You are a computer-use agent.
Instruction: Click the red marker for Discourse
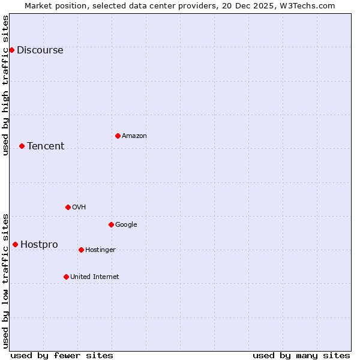pos(11,50)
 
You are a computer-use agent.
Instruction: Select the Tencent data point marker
pos(22,146)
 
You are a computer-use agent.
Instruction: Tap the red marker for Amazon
pos(118,136)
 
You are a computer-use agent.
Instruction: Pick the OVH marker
pos(68,207)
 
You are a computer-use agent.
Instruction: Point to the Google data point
pos(111,224)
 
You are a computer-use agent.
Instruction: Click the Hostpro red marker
pos(15,244)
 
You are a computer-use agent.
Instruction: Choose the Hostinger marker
pos(81,250)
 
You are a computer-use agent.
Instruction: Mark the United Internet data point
pos(66,277)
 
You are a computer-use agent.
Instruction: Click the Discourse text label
pos(40,50)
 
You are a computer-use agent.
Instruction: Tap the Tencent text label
pos(46,146)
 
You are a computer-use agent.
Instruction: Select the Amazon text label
pos(134,136)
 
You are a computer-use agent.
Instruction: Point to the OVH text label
pos(79,208)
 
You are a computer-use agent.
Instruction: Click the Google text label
pos(126,225)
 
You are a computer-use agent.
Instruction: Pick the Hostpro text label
pos(39,245)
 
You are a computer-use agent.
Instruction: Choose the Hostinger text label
pos(100,250)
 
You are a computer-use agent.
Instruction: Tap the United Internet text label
pos(94,277)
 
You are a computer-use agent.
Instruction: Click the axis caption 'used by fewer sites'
pos(62,355)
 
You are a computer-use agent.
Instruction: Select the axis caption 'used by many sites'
pos(301,355)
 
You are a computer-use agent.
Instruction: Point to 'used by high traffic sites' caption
pos(6,85)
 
